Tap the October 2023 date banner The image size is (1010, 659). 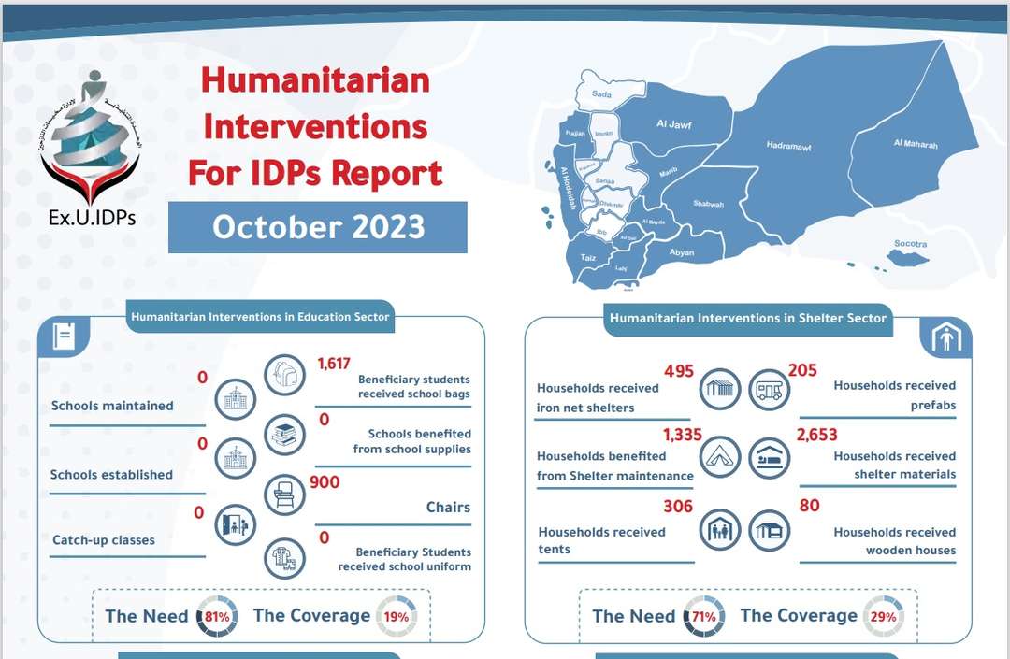pyautogui.click(x=318, y=227)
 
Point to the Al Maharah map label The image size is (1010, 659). pyautogui.click(x=915, y=144)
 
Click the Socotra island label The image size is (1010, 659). pyautogui.click(x=910, y=244)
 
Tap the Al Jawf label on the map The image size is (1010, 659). pyautogui.click(x=673, y=124)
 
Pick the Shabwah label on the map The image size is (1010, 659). pyautogui.click(x=708, y=204)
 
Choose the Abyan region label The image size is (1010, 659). pyautogui.click(x=682, y=252)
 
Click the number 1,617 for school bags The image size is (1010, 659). pyautogui.click(x=335, y=364)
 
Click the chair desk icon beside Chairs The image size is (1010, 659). pyautogui.click(x=284, y=494)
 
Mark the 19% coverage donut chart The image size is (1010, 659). pyautogui.click(x=397, y=617)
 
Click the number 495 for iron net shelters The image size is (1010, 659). pyautogui.click(x=678, y=371)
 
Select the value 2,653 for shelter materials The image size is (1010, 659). pyautogui.click(x=817, y=435)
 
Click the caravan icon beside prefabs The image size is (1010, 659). pyautogui.click(x=770, y=387)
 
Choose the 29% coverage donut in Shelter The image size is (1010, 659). pyautogui.click(x=884, y=617)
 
